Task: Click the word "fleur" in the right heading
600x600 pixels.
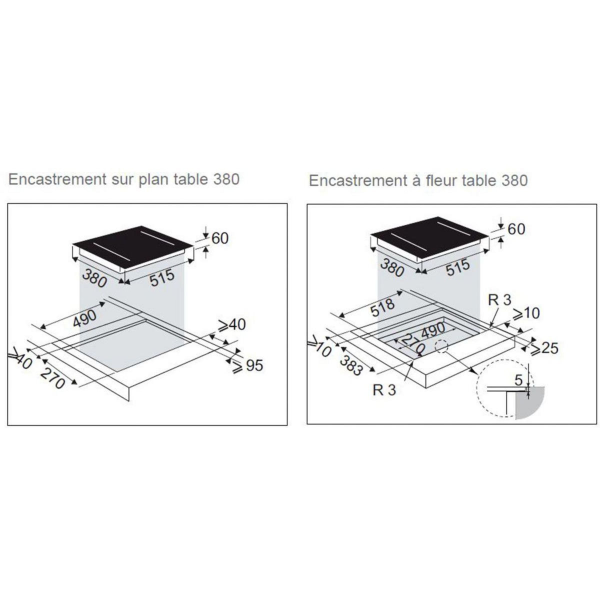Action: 438,180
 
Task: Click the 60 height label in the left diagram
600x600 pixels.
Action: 220,238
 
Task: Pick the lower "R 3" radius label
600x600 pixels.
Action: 384,390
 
